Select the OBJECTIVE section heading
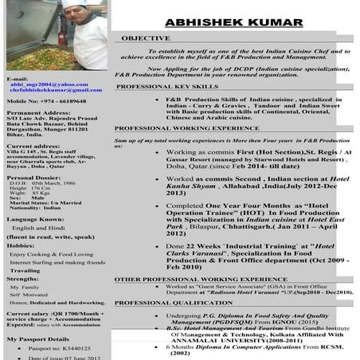tap(146, 37)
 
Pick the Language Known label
tap(35, 218)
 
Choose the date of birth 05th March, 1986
tap(48, 183)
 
